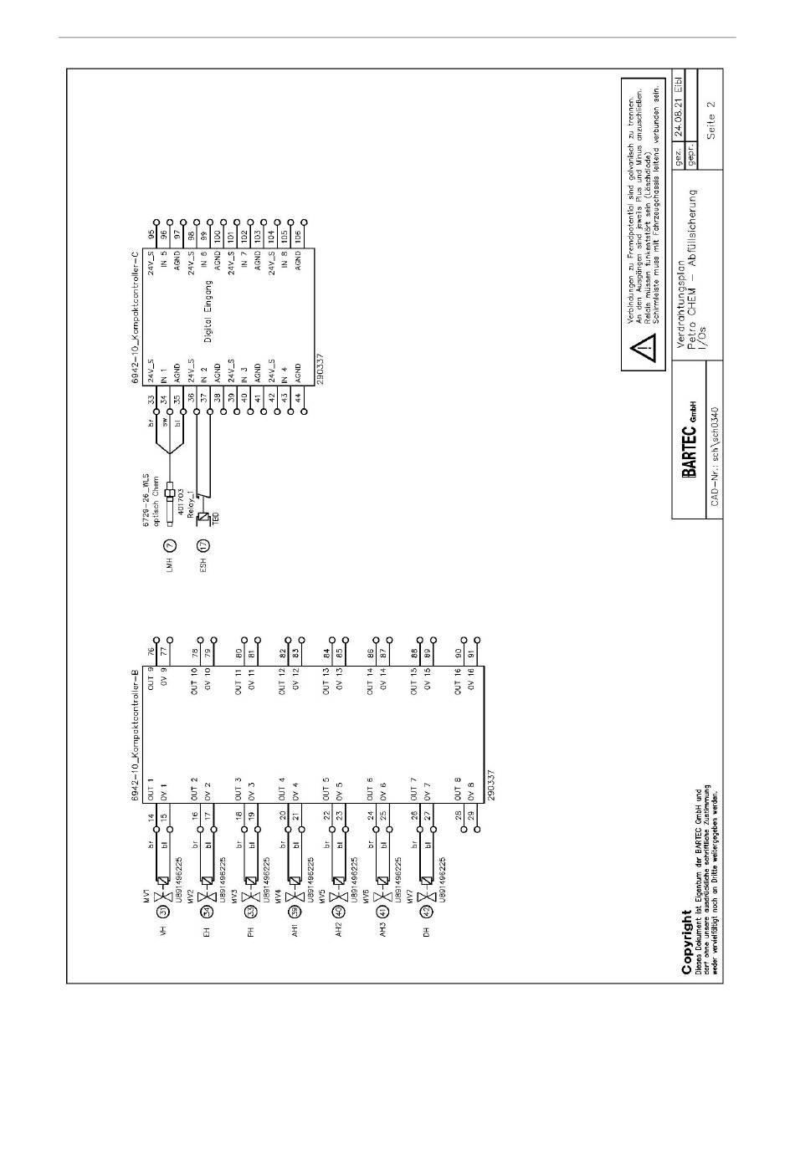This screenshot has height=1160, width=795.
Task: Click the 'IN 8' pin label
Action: (282, 257)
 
